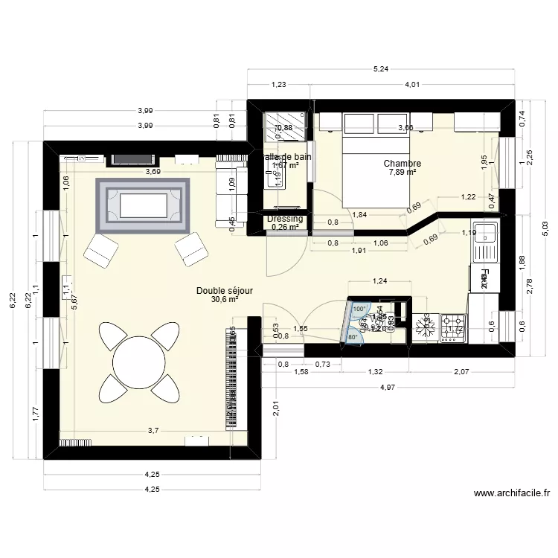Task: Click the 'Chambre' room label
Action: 403,164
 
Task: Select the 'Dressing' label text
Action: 285,219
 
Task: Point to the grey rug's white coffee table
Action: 144,203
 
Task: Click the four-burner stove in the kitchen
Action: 453,327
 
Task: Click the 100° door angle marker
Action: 359,308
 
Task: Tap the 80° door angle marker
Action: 353,336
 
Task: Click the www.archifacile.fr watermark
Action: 511,493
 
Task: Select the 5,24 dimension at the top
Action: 380,69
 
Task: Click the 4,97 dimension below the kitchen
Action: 388,386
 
